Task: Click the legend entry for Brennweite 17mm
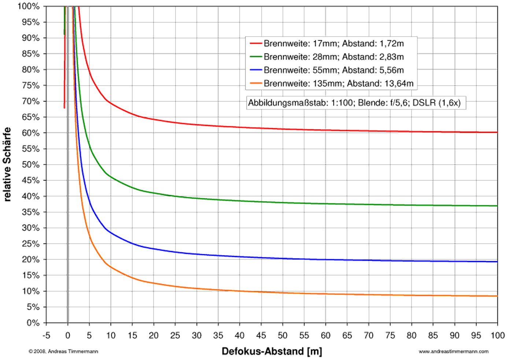click(x=333, y=44)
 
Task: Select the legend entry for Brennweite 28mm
click(x=333, y=57)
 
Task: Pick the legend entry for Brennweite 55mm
click(x=333, y=70)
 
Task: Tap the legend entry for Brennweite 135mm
click(x=338, y=83)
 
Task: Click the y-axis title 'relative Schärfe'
click(x=7, y=164)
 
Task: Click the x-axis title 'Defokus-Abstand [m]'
click(x=272, y=352)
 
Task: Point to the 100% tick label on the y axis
click(x=29, y=6)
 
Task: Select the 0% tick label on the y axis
click(x=33, y=323)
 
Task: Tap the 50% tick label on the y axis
click(x=31, y=165)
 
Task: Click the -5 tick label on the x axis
click(x=46, y=335)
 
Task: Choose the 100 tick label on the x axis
click(x=497, y=335)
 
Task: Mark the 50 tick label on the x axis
click(x=283, y=335)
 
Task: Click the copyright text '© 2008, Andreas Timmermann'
click(x=63, y=352)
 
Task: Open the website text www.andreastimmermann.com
click(x=454, y=352)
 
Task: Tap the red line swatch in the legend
click(x=255, y=44)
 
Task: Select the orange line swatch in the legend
click(x=255, y=83)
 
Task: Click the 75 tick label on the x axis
click(x=390, y=335)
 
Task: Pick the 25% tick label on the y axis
click(x=31, y=244)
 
